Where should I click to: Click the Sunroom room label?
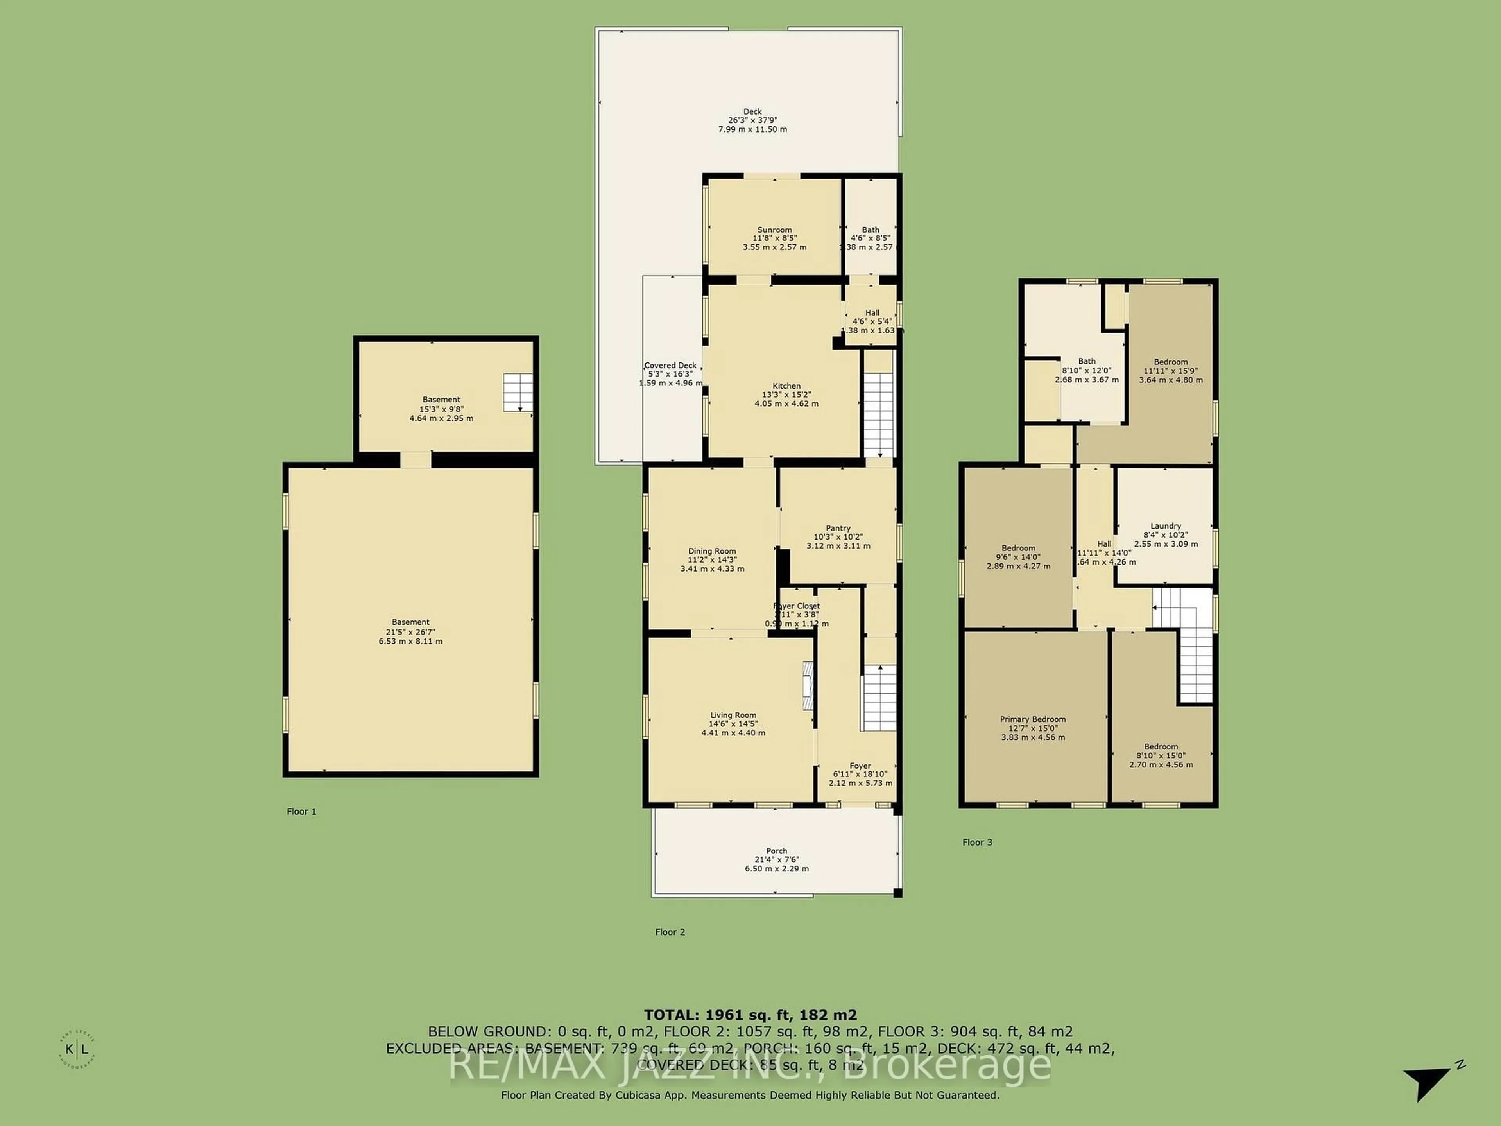pyautogui.click(x=774, y=230)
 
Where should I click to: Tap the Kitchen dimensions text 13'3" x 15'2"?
pyautogui.click(x=786, y=394)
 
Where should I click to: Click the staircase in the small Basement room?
pyautogui.click(x=517, y=392)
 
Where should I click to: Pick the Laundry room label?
pyautogui.click(x=1166, y=526)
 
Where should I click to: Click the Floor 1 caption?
pyautogui.click(x=301, y=811)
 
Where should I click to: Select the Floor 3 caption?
pyautogui.click(x=977, y=842)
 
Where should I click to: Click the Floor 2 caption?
pyautogui.click(x=670, y=932)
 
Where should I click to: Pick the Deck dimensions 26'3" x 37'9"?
pyautogui.click(x=752, y=120)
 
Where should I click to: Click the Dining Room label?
pyautogui.click(x=712, y=551)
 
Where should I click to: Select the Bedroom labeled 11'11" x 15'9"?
pyautogui.click(x=1171, y=362)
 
